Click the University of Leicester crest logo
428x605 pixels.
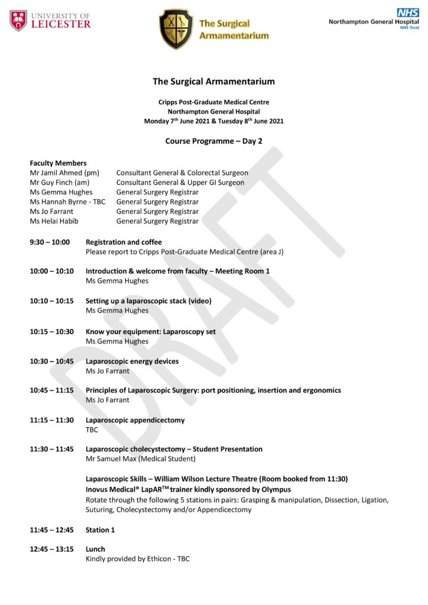(18, 21)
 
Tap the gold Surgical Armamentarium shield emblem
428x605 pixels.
(176, 29)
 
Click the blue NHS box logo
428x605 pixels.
(408, 12)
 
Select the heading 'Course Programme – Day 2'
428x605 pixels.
(213, 141)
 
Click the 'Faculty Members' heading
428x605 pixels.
(58, 163)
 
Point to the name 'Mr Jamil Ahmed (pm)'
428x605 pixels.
(64, 173)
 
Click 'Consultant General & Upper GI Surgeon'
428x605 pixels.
(180, 183)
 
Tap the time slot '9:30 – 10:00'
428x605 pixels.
(50, 242)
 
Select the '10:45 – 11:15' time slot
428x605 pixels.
(52, 391)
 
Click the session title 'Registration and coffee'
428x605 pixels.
(124, 242)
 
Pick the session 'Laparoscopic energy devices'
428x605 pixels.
(132, 361)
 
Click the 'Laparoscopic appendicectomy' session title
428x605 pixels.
(135, 420)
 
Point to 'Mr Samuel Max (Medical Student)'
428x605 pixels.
(140, 458)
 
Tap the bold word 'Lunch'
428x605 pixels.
(95, 549)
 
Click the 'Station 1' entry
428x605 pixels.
(100, 530)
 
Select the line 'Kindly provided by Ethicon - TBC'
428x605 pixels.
(138, 558)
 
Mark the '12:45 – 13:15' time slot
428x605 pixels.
(52, 549)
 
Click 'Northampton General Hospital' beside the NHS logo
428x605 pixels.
(374, 21)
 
